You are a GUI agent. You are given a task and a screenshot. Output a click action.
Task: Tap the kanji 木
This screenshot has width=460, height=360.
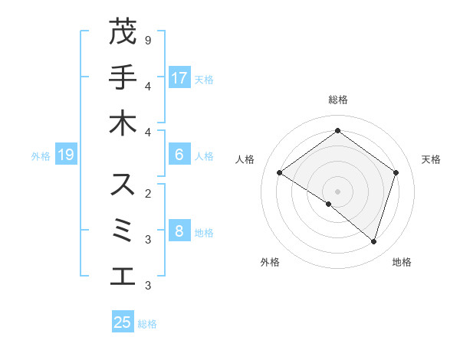tap(123, 123)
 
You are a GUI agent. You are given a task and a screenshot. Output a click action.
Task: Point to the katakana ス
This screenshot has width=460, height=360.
tap(123, 185)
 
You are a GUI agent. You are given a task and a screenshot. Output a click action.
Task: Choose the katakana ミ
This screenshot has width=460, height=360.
tap(123, 231)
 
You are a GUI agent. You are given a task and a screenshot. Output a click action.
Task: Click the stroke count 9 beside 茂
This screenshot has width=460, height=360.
tap(148, 40)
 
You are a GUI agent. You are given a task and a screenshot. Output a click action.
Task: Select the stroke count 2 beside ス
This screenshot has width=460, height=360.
tap(148, 193)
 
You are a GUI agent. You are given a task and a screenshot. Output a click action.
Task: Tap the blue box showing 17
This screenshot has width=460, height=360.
tap(179, 77)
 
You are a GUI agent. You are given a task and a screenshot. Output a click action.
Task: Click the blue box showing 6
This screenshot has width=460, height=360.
tap(179, 155)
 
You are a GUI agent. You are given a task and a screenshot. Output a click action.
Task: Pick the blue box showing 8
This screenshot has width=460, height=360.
tap(179, 231)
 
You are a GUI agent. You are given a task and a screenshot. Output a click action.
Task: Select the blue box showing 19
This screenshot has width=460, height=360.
tap(66, 155)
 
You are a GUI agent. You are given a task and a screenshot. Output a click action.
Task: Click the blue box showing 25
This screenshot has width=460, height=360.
tap(123, 322)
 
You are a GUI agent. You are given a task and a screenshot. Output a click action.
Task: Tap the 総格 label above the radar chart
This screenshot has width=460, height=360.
tap(337, 100)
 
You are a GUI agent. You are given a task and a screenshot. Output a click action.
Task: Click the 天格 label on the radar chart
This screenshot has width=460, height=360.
tap(431, 159)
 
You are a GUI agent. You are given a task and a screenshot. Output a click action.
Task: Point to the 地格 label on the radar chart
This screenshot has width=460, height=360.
tap(402, 262)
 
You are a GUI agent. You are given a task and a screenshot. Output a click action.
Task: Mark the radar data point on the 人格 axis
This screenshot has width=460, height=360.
tap(279, 173)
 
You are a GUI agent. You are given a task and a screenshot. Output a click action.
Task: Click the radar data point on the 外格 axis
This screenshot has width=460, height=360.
tap(329, 204)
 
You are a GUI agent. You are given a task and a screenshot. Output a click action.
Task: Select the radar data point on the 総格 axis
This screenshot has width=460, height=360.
tap(337, 130)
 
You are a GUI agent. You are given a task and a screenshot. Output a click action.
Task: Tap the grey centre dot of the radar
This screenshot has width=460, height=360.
tap(337, 191)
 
